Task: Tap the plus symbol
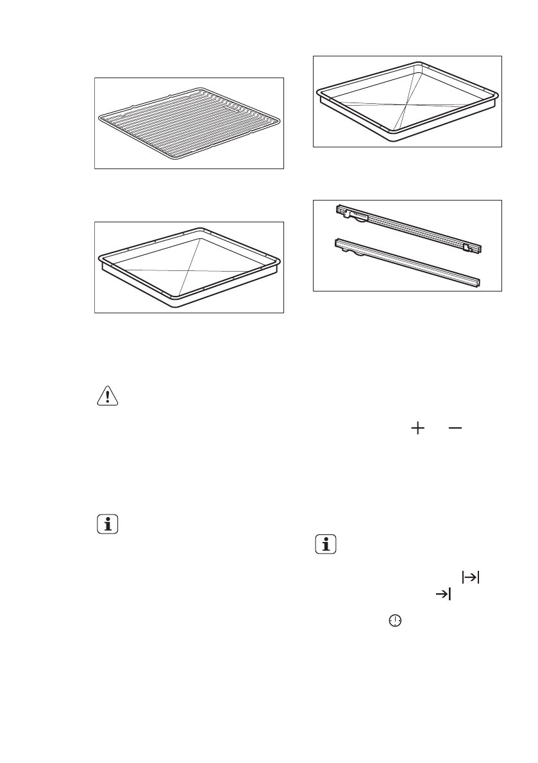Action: click(x=419, y=430)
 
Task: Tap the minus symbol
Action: click(x=454, y=430)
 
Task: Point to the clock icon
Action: click(x=396, y=621)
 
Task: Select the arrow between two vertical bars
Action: click(x=471, y=577)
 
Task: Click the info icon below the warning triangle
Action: click(x=106, y=525)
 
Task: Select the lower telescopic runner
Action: click(x=407, y=263)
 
